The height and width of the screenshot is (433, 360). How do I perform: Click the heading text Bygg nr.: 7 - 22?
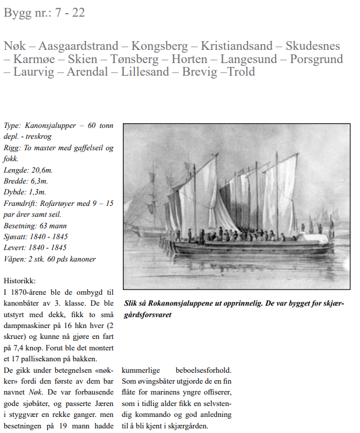(44, 12)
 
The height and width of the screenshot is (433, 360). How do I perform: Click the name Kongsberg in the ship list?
(162, 46)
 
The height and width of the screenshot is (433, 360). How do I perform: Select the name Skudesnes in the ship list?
(309, 46)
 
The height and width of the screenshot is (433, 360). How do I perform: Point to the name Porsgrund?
(316, 59)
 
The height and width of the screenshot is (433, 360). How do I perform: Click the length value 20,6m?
(42, 170)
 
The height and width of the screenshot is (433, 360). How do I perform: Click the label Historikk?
(20, 281)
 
